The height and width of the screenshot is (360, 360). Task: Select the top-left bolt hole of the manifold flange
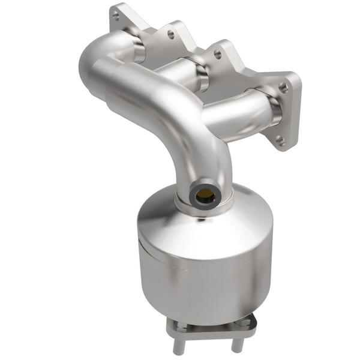(x=116, y=17)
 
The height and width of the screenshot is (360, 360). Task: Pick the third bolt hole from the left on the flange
(x=217, y=55)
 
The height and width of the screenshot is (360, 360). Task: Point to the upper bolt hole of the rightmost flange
(x=283, y=88)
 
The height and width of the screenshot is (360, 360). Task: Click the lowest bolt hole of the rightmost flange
(x=280, y=141)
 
